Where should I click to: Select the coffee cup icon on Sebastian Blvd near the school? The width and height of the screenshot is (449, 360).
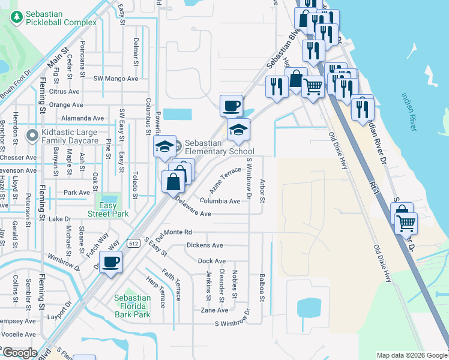(231, 107)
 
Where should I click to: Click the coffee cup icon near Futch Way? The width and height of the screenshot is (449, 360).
(111, 262)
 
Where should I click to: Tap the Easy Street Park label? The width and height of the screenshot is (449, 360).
(108, 209)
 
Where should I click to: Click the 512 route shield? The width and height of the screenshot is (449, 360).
(133, 243)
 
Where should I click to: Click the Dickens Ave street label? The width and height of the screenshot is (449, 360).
(205, 245)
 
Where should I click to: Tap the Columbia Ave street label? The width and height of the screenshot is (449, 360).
(220, 201)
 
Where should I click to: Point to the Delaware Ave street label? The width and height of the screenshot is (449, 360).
(193, 208)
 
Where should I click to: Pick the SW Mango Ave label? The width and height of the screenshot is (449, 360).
(116, 79)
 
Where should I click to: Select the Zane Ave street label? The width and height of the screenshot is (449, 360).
(214, 310)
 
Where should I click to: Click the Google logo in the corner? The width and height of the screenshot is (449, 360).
(20, 353)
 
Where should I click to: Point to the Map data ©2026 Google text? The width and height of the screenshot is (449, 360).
(411, 356)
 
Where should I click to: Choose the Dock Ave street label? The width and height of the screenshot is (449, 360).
(211, 261)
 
